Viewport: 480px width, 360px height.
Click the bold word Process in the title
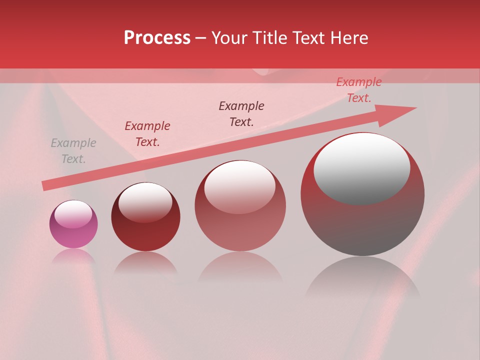(x=157, y=38)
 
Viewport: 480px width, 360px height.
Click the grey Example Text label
(x=73, y=151)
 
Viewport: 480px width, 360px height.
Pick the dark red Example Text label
(x=147, y=134)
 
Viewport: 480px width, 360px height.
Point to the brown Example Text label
(x=241, y=114)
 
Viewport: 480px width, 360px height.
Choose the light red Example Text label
(x=359, y=90)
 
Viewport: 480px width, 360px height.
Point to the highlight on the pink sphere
(x=73, y=214)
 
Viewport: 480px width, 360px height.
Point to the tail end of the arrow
(x=46, y=185)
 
